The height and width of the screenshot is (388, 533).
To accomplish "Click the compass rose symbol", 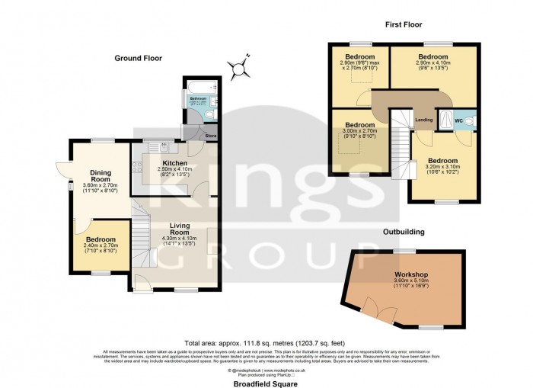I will (242, 67).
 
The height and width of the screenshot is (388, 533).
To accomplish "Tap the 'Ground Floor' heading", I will (138, 58).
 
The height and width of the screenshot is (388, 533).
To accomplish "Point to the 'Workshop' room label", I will (408, 274).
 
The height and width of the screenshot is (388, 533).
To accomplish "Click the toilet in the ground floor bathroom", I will (211, 115).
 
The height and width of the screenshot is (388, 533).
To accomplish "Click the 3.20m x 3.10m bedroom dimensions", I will (445, 171).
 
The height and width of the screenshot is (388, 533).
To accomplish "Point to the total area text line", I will (266, 342).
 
